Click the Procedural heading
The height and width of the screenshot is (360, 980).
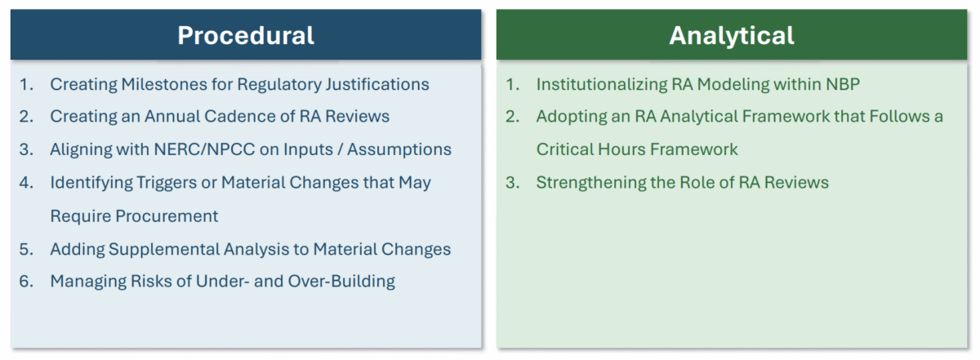pyautogui.click(x=246, y=35)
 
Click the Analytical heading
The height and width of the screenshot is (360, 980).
pyautogui.click(x=732, y=35)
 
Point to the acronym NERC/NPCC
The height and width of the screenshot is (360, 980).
pyautogui.click(x=204, y=149)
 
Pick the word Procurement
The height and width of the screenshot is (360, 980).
pyautogui.click(x=167, y=216)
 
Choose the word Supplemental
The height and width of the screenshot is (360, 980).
pyautogui.click(x=163, y=249)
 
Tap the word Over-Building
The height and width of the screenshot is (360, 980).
pyautogui.click(x=341, y=282)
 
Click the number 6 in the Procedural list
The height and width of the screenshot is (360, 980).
pyautogui.click(x=25, y=282)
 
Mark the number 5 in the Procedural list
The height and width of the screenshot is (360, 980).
pyautogui.click(x=25, y=249)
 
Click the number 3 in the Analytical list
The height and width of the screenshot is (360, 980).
pyautogui.click(x=512, y=182)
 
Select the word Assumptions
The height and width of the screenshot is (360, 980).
pyautogui.click(x=399, y=149)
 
